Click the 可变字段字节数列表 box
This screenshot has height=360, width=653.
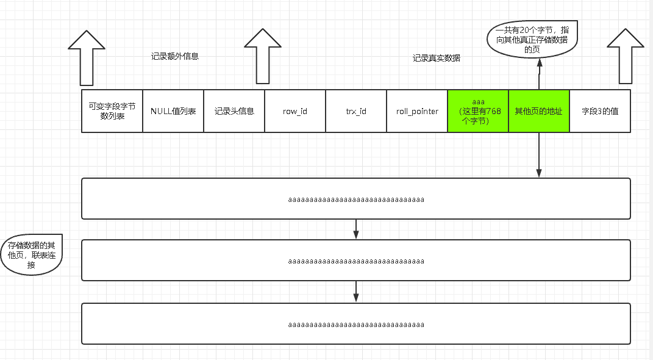(x=112, y=111)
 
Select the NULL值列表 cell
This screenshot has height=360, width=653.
(x=173, y=111)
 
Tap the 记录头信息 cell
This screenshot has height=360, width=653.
(x=234, y=111)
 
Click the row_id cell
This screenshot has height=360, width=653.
(x=295, y=111)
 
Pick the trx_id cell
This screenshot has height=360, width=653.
(x=356, y=111)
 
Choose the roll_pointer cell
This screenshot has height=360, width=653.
(x=417, y=111)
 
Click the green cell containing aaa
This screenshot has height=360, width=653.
(x=478, y=111)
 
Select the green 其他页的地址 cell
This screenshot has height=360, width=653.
(x=539, y=111)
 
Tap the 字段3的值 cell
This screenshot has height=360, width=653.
(x=600, y=111)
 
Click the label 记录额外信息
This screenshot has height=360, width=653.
(x=175, y=56)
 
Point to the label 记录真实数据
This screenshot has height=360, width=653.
(x=437, y=58)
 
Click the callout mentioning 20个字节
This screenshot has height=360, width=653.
(x=532, y=40)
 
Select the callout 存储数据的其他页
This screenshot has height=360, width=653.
(x=32, y=255)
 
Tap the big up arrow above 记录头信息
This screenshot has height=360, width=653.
(x=262, y=56)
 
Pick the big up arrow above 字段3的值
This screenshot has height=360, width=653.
(x=626, y=56)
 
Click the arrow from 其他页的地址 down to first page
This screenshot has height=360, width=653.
(x=539, y=155)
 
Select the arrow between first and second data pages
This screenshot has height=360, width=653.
(x=356, y=229)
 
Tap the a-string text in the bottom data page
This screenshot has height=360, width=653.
(x=356, y=324)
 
